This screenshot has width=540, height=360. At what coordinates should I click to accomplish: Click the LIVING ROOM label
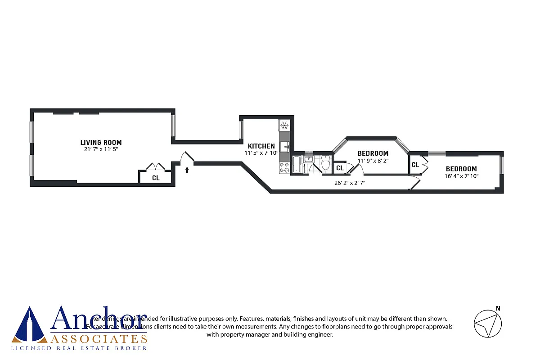(x=101, y=143)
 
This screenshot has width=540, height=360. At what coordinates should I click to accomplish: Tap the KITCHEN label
(x=261, y=146)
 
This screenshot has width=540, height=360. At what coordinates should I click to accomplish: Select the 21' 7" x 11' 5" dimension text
(x=101, y=149)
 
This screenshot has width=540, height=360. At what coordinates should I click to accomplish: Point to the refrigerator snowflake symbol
(x=284, y=125)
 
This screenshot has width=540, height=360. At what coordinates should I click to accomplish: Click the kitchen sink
(x=285, y=147)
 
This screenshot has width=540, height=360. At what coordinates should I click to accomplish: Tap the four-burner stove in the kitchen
(x=285, y=168)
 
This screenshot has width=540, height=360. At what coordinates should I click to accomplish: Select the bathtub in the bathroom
(x=297, y=165)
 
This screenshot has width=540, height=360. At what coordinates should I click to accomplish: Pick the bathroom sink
(x=309, y=159)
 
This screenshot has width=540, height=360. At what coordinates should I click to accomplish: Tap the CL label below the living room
(x=156, y=178)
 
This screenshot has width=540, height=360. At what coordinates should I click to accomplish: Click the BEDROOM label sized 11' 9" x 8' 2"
(x=373, y=153)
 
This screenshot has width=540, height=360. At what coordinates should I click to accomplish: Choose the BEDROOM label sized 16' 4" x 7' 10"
(x=461, y=169)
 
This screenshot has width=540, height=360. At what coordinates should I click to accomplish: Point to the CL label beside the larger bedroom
(x=415, y=165)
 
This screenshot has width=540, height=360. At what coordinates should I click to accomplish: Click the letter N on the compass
(x=498, y=308)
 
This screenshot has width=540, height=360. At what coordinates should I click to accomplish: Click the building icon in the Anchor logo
(x=30, y=325)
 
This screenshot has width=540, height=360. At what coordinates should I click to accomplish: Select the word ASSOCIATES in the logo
(x=99, y=339)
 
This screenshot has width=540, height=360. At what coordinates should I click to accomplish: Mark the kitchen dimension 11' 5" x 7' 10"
(x=261, y=153)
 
